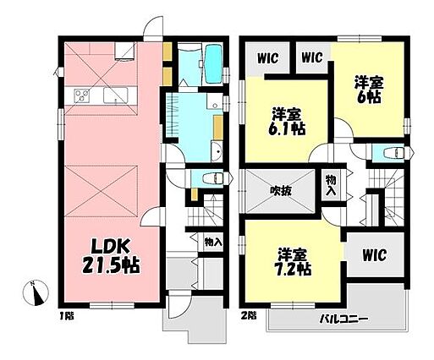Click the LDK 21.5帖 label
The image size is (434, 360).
(x=111, y=256)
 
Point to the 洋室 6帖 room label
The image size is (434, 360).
(x=369, y=90)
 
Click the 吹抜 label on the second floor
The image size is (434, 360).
(x=281, y=192)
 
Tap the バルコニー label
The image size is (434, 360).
(x=344, y=319)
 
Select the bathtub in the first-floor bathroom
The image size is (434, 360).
(x=213, y=64)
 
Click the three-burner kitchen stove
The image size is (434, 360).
(x=82, y=95)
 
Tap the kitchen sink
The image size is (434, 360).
(x=115, y=95)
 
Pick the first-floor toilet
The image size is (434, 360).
(x=212, y=178)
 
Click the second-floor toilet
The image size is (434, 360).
(x=394, y=153)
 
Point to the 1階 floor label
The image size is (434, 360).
(x=67, y=316)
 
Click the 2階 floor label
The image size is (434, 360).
(x=249, y=315)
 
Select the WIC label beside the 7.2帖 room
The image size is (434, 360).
(x=374, y=255)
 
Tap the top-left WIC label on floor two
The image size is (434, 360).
(x=267, y=58)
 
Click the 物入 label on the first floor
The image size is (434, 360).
(x=213, y=242)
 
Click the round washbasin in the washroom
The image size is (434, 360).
(x=217, y=152)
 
